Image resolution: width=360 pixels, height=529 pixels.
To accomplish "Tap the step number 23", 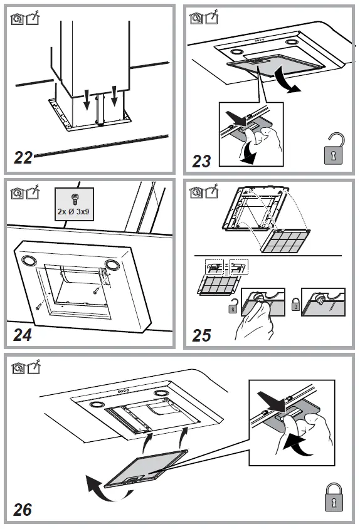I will (x=201, y=161).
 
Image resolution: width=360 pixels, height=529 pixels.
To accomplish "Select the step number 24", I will (x=23, y=334).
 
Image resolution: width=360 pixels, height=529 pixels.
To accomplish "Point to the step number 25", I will (x=201, y=335).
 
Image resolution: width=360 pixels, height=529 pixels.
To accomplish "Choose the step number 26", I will (x=23, y=509).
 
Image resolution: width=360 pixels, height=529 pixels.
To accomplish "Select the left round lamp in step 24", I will (x=29, y=260).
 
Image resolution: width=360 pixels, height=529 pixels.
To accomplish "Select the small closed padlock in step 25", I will (x=295, y=305).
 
